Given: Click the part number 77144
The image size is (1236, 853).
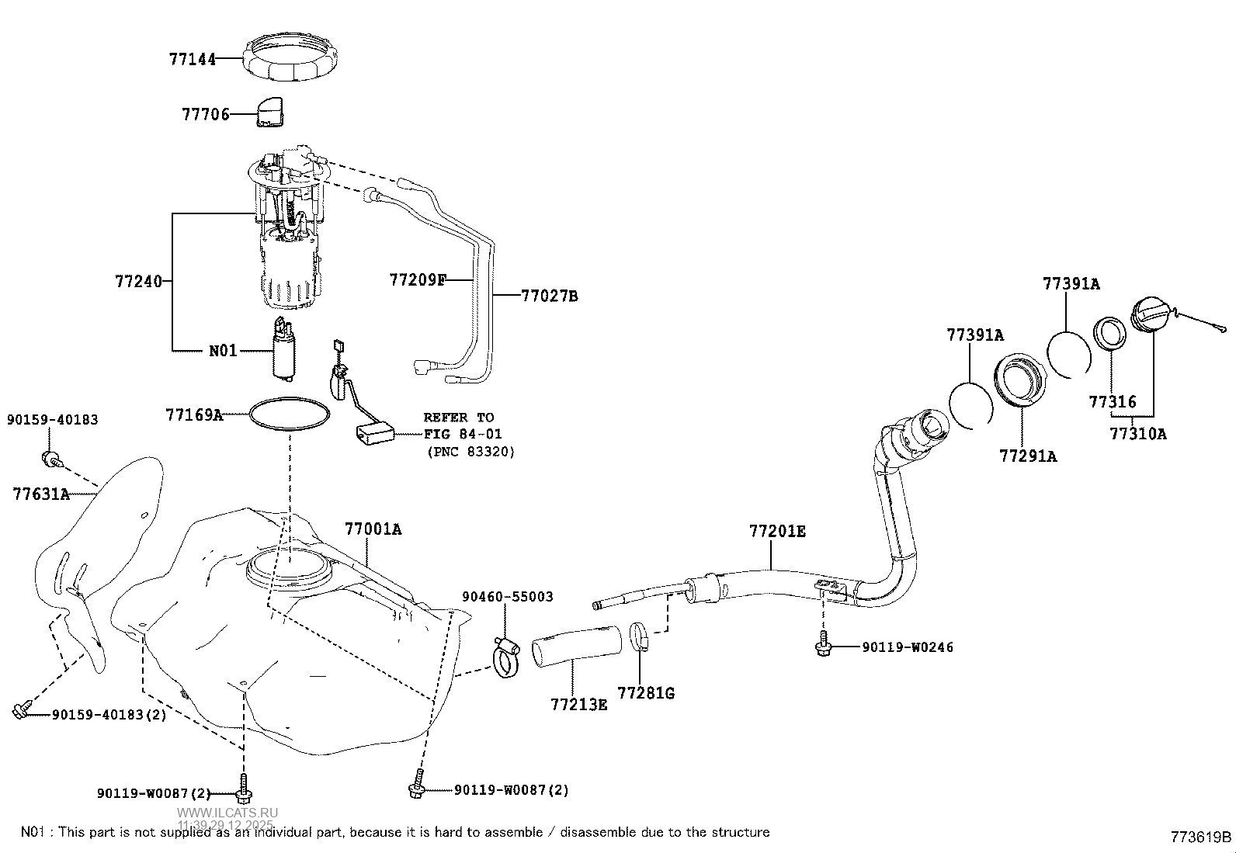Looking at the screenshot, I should click(x=193, y=58).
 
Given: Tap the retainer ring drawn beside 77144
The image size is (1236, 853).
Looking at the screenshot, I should click(x=293, y=57).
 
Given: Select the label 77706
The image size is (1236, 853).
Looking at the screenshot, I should click(x=206, y=115).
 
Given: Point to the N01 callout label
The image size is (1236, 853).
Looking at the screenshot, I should click(x=223, y=351).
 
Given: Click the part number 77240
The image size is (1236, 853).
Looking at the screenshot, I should click(x=139, y=281).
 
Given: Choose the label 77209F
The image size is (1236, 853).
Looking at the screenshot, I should click(x=418, y=279).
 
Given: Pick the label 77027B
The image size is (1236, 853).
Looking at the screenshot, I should click(x=549, y=296).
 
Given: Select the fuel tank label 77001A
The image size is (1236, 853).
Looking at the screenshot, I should click(x=373, y=529).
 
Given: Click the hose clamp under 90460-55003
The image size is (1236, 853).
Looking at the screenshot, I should click(x=506, y=658).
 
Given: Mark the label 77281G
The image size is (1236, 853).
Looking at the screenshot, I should click(x=646, y=692).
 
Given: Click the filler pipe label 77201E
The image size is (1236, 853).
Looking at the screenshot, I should click(x=777, y=532).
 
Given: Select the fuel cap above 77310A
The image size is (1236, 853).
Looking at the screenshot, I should click(x=1155, y=317).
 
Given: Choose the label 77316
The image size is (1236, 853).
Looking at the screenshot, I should click(x=1112, y=402).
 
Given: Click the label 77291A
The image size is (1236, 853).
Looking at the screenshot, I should click(x=1028, y=456).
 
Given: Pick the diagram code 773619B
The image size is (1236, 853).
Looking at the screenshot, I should click(x=1201, y=837).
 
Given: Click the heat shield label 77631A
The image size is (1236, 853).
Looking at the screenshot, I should click(x=41, y=494).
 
